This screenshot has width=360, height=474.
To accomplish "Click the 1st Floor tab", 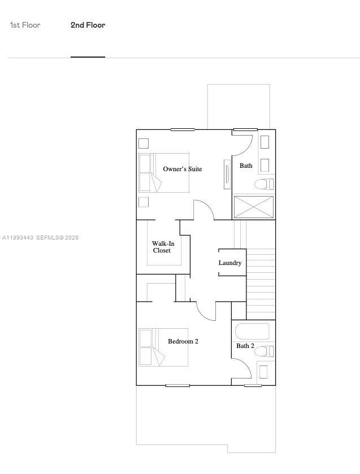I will click(25, 25).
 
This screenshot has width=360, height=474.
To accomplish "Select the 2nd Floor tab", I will click(88, 25).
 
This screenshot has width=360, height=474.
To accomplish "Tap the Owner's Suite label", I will click(182, 169).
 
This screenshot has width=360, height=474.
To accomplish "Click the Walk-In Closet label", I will click(163, 247).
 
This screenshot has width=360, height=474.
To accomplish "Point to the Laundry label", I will click(230, 263).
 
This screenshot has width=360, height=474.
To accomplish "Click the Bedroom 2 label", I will click(183, 341).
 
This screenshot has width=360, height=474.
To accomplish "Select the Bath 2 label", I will click(245, 346).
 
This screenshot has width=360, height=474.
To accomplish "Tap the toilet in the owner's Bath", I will click(263, 184).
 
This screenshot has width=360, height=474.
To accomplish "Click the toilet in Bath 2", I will click(263, 351).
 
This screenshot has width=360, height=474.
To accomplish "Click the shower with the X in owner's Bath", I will click(254, 207).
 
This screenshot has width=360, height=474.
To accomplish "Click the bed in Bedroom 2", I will click(163, 347).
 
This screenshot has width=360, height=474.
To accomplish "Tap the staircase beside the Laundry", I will click(261, 282).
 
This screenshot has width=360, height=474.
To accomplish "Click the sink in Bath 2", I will click(263, 372).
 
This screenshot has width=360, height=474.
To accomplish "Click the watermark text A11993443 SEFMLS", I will click(41, 238).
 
